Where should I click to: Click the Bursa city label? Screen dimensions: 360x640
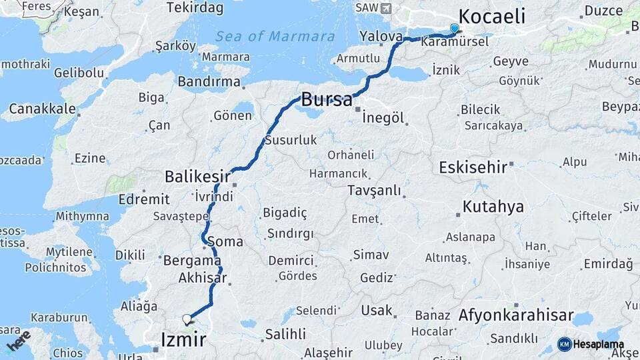pyautogui.click(x=327, y=100)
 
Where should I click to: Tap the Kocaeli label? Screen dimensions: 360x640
pyautogui.click(x=492, y=16)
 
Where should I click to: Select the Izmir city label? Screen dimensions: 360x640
pyautogui.click(x=183, y=339)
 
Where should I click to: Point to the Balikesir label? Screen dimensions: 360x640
pyautogui.click(x=197, y=177)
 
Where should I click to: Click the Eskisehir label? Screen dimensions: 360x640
pyautogui.click(x=473, y=167)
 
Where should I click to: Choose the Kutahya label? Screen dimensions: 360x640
pyautogui.click(x=493, y=207)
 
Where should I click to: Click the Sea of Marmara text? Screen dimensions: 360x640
pyautogui.click(x=275, y=36)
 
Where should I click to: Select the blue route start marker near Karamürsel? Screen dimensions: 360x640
pyautogui.click(x=455, y=29)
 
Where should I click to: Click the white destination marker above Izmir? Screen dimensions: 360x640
pyautogui.click(x=187, y=319)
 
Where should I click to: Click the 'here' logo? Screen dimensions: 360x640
pyautogui.click(x=19, y=341)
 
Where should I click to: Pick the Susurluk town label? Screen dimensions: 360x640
pyautogui.click(x=291, y=141)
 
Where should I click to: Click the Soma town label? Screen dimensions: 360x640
pyautogui.click(x=225, y=241)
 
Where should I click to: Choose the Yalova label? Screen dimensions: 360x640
pyautogui.click(x=381, y=36)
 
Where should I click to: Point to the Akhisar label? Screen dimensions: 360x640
pyautogui.click(x=203, y=278)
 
